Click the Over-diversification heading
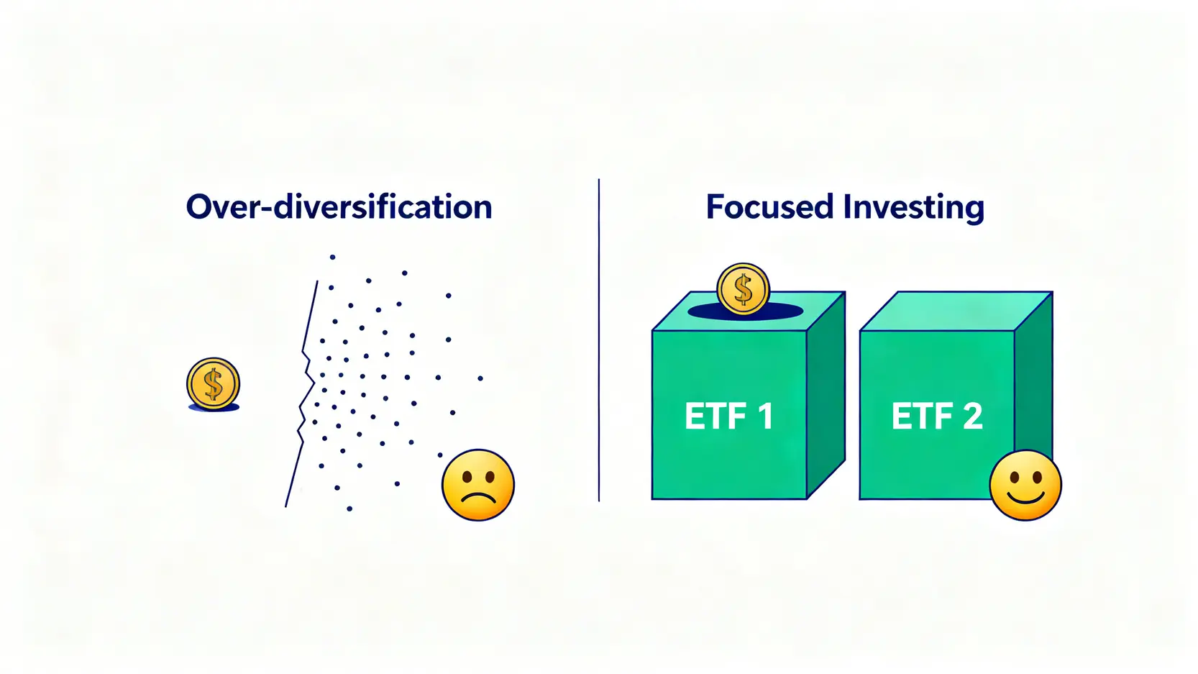(x=339, y=207)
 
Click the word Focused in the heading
(x=769, y=206)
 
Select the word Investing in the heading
(x=914, y=208)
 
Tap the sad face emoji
(x=478, y=485)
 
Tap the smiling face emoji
(x=1025, y=485)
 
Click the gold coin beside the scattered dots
(x=213, y=383)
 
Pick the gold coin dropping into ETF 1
(x=743, y=289)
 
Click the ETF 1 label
(x=729, y=416)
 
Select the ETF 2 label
(x=937, y=416)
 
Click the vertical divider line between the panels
(x=599, y=340)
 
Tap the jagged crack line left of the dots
(x=302, y=393)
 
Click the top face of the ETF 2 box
(x=956, y=311)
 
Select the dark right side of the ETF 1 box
(x=826, y=396)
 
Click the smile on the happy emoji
(x=1025, y=498)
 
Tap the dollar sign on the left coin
(x=213, y=383)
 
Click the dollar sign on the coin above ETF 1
(x=743, y=289)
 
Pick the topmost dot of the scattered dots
(x=333, y=258)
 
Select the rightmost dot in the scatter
(x=480, y=378)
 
